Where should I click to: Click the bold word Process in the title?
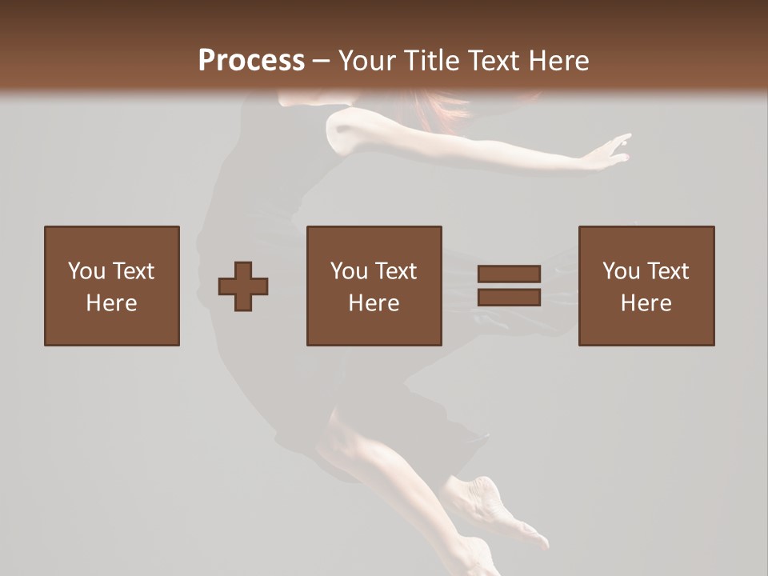pos(251,61)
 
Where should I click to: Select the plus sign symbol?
pos(243,286)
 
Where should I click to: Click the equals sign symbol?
pos(509,286)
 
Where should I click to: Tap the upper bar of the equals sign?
pos(509,274)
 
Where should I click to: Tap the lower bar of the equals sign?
pos(509,298)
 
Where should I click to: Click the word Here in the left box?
pos(111,303)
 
